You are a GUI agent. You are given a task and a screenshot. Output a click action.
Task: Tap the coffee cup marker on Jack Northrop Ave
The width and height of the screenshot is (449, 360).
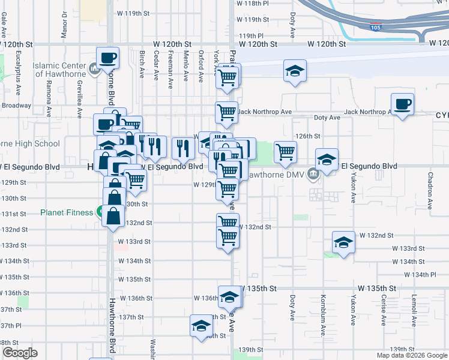[x=402, y=104]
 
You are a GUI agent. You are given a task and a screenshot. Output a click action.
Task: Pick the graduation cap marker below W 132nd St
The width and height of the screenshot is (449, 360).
[x=343, y=243]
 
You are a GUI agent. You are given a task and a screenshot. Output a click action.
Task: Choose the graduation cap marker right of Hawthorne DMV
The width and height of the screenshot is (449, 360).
[x=327, y=160]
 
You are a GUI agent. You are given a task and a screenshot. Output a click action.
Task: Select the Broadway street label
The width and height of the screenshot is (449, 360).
[x=16, y=106]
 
